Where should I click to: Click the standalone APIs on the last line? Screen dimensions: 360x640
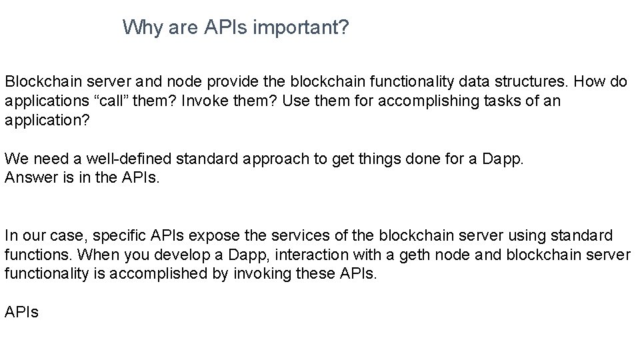(x=22, y=312)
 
